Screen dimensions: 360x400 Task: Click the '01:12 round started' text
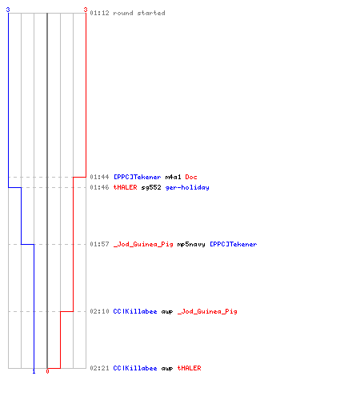tap(127, 13)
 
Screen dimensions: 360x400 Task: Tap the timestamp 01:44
tap(99, 177)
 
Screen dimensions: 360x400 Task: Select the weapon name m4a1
tap(173, 177)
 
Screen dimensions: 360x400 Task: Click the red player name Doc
tap(191, 177)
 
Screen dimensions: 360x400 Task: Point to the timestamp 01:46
tap(99, 187)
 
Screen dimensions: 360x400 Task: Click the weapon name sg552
tap(151, 187)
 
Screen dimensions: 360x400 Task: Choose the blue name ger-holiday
tap(187, 188)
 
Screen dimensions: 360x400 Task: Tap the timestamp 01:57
tap(99, 244)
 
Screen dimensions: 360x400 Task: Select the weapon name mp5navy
tap(191, 245)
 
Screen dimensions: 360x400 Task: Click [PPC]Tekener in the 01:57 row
tap(234, 244)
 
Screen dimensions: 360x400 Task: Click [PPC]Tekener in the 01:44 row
tap(138, 177)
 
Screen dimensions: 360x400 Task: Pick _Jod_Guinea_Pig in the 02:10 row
tap(207, 311)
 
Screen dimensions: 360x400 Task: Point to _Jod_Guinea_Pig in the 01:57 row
tap(143, 244)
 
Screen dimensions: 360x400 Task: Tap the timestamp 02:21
tap(99, 368)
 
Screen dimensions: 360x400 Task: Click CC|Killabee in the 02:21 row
tap(135, 368)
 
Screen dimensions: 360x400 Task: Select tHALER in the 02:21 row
tap(189, 368)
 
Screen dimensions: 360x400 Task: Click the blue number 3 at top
tap(8, 10)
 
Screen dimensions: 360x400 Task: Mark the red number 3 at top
tap(86, 10)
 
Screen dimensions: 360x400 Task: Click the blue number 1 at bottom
tap(34, 371)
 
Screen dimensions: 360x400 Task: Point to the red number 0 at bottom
tap(47, 371)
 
